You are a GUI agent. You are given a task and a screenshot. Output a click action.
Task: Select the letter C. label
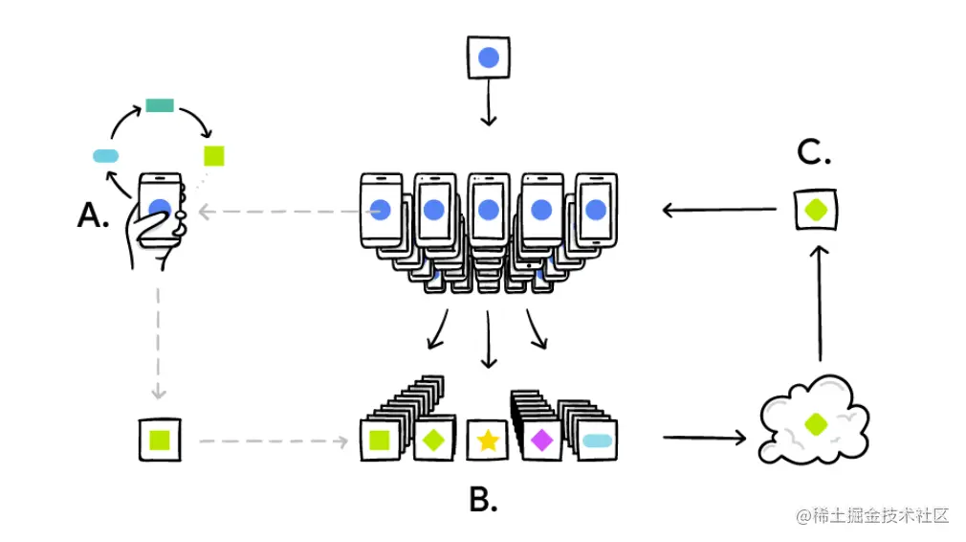[x=813, y=153]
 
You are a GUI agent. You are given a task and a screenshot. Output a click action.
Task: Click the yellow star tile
[x=488, y=440]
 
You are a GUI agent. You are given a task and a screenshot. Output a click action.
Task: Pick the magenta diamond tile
[x=542, y=440]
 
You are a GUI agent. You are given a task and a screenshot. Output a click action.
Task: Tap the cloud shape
[x=814, y=419]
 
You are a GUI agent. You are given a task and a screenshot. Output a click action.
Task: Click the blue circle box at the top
[x=488, y=58]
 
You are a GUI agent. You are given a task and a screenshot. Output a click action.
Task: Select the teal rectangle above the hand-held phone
[x=159, y=105]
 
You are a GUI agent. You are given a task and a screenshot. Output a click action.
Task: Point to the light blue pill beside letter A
[x=105, y=155]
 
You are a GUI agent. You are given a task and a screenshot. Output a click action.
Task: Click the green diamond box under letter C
[x=817, y=210]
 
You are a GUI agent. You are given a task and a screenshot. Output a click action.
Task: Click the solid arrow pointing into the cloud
[x=703, y=438]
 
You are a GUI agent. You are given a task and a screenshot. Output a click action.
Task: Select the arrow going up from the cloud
[x=820, y=302]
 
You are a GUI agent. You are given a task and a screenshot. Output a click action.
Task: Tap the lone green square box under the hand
[x=160, y=440]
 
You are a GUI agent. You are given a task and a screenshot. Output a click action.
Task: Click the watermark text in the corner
[x=872, y=515]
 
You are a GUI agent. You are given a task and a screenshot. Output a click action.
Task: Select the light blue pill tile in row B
[x=597, y=440]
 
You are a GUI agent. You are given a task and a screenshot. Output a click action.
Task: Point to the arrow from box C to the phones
[x=718, y=210]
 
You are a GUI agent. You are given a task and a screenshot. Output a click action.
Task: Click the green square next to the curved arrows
[x=214, y=156]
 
